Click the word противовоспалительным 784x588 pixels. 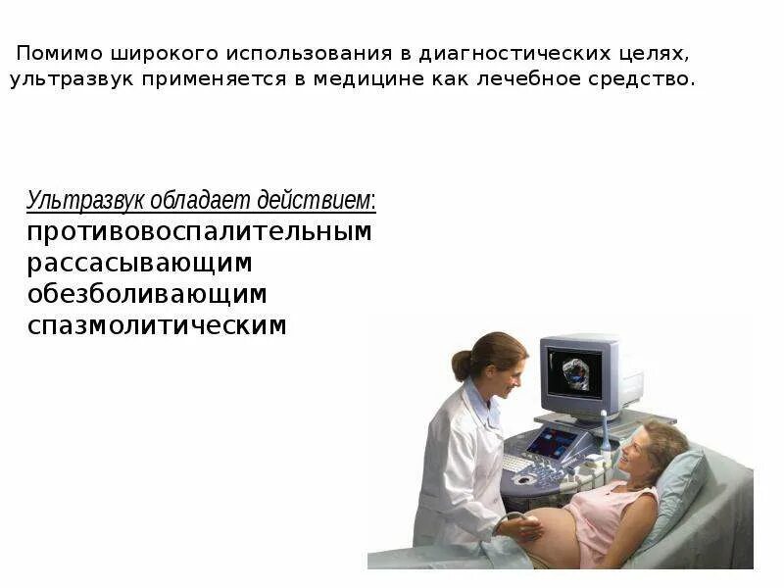[199, 232]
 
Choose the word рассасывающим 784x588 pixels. [139, 263]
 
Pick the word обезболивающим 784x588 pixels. [147, 294]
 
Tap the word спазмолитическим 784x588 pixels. [157, 325]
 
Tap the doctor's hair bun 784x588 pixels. [462, 366]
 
